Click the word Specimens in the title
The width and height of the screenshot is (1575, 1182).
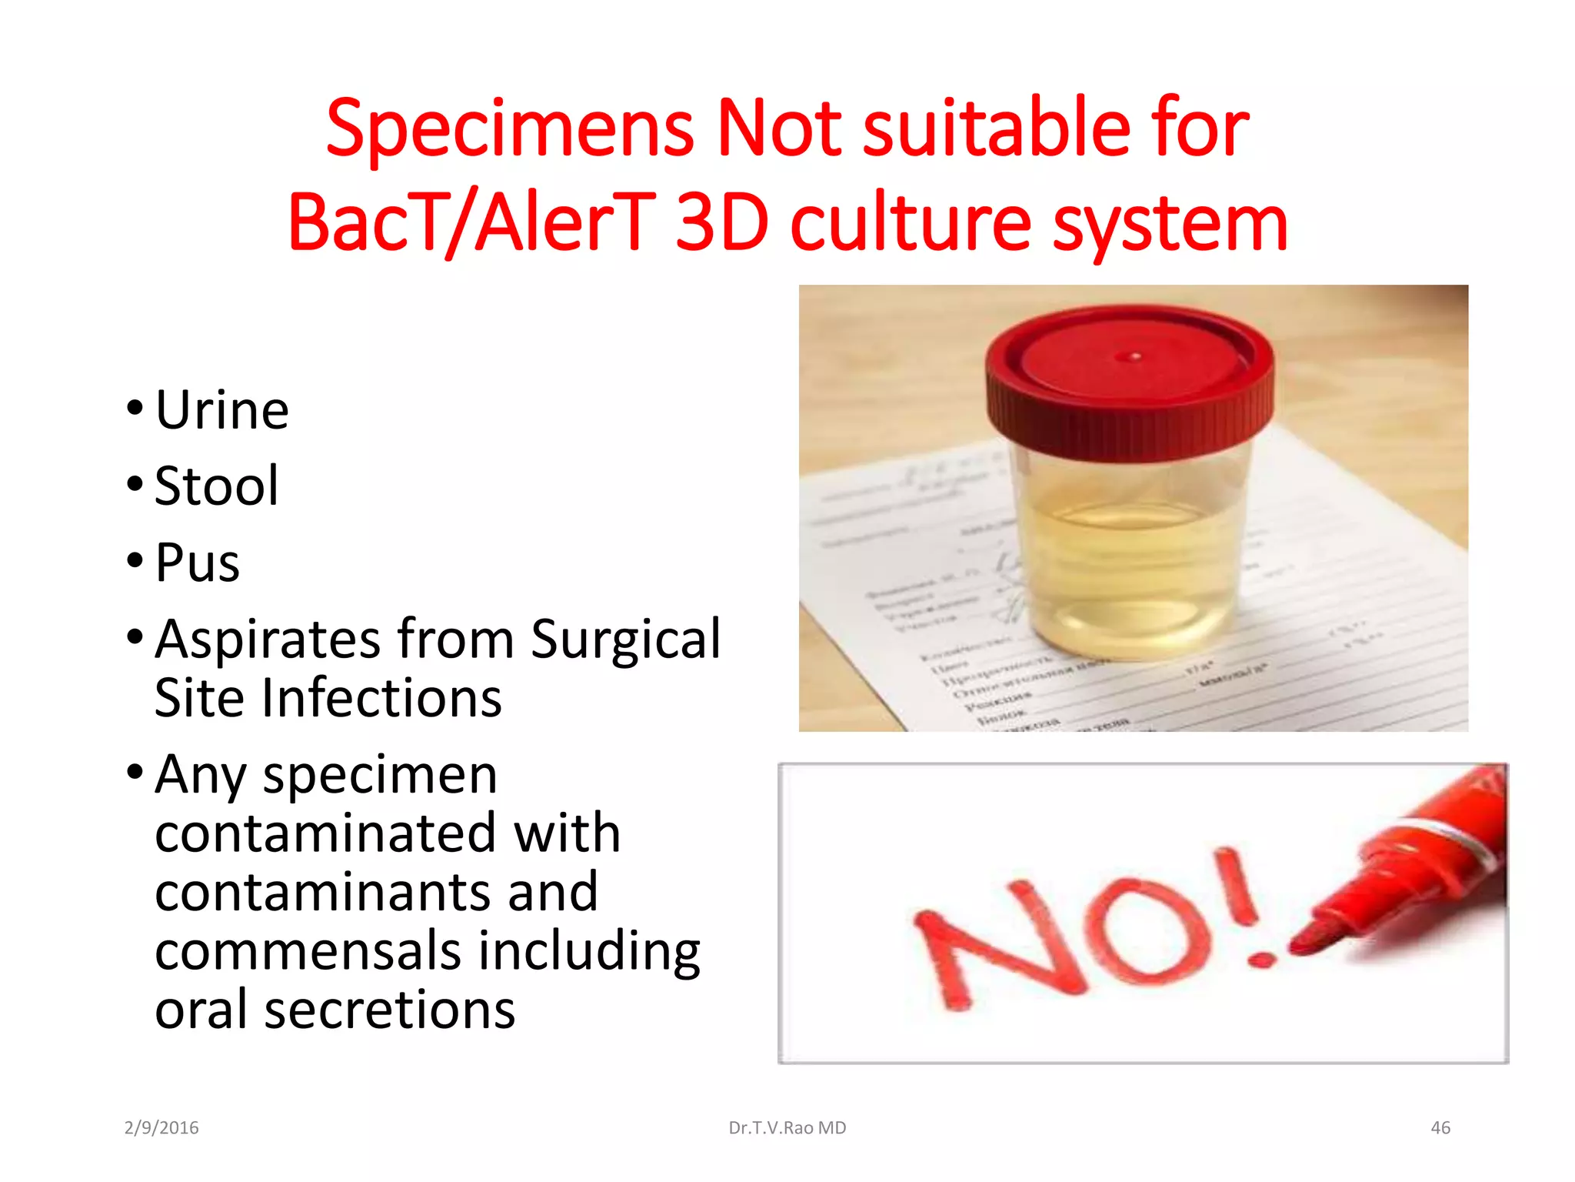[x=510, y=129]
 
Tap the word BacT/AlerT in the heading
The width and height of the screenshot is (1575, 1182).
[x=471, y=223]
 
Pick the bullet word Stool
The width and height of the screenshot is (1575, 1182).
[x=216, y=486]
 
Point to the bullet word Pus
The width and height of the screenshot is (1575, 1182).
[x=197, y=563]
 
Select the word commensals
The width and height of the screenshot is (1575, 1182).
[x=308, y=950]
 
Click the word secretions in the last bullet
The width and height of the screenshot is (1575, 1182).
[x=389, y=1010]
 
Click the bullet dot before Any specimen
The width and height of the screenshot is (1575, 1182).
[x=135, y=772]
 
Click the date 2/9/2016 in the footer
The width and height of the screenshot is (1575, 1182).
[x=161, y=1128]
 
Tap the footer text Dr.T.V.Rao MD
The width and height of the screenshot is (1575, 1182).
[x=787, y=1128]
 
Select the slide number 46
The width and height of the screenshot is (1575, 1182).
[x=1440, y=1128]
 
